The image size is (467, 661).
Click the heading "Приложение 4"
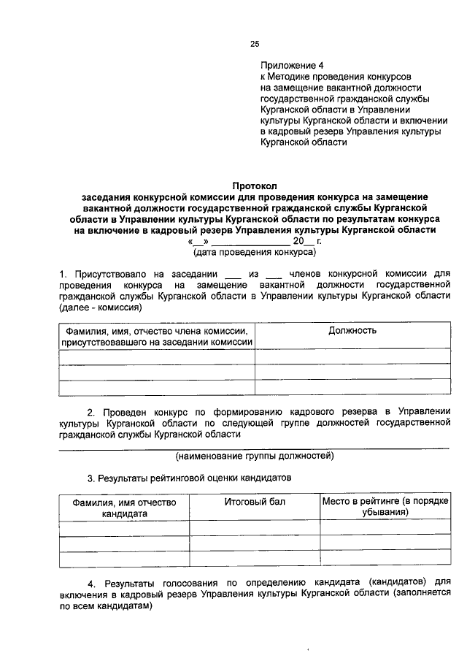coord(292,64)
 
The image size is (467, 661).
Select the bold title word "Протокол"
coord(255,186)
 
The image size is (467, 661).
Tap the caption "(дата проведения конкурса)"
coord(254,252)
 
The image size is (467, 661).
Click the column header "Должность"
coord(352,331)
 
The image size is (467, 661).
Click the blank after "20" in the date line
coord(308,241)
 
